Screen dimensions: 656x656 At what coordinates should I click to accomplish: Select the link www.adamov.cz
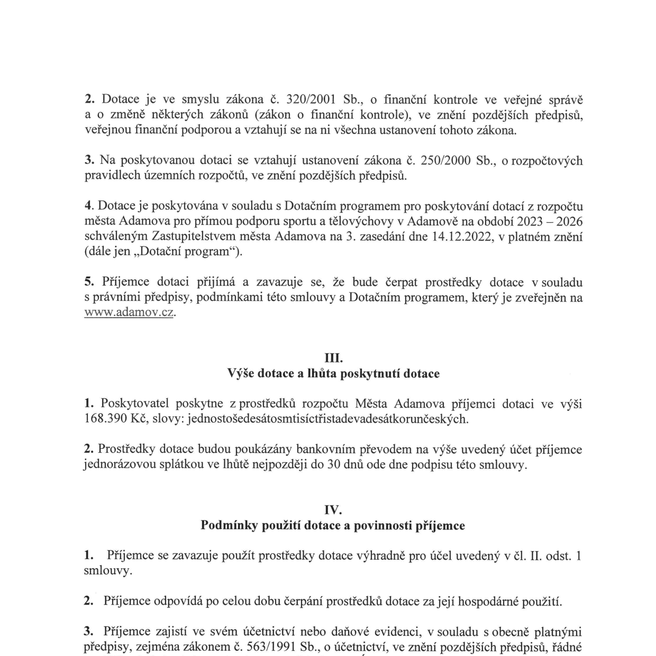point(129,312)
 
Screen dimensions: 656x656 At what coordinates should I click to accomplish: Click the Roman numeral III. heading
point(333,358)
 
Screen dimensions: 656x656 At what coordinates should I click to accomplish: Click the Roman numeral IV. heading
point(333,510)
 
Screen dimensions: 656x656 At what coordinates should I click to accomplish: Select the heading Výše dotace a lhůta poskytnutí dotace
point(333,373)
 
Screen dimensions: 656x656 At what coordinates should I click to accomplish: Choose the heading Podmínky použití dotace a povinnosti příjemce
point(333,525)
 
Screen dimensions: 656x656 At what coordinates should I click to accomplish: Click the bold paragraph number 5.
point(89,282)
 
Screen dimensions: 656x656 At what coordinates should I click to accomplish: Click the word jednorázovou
point(122,465)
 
